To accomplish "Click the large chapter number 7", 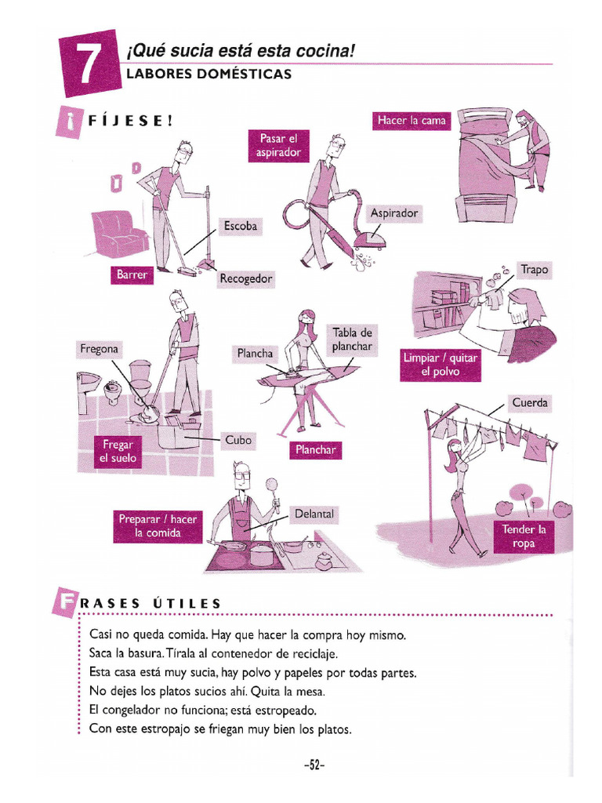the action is click(x=89, y=64).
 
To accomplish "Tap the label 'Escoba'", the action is click(x=241, y=226).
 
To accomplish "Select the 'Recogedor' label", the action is click(x=246, y=278).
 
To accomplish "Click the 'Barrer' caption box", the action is click(x=132, y=274).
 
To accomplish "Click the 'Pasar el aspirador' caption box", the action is click(x=278, y=146).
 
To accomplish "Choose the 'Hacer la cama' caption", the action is click(x=412, y=121).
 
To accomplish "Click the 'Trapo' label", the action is click(x=535, y=270).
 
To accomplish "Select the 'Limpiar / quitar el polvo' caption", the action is click(x=441, y=365).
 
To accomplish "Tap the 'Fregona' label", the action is click(x=100, y=349).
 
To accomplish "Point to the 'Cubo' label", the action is click(x=238, y=440).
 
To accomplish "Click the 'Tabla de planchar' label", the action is click(x=352, y=340).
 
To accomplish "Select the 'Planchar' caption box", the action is click(x=316, y=449).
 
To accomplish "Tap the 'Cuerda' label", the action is click(x=530, y=403).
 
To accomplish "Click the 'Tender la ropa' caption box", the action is click(x=524, y=536).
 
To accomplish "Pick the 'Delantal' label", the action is click(x=314, y=514).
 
